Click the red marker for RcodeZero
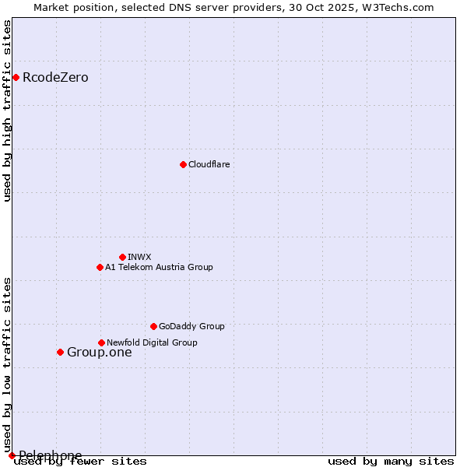[16, 77]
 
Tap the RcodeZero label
[55, 78]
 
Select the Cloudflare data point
[183, 164]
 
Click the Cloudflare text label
[209, 164]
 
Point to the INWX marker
[122, 257]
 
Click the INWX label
[139, 257]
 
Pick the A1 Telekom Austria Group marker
[100, 267]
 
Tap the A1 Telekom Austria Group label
[159, 267]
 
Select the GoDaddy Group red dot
[153, 326]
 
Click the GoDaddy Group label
[191, 326]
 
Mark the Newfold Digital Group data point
[101, 342]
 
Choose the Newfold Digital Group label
[152, 342]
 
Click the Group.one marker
[60, 352]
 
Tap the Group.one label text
[99, 353]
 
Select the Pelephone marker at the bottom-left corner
[12, 455]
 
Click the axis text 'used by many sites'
[391, 462]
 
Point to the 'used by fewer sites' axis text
[81, 462]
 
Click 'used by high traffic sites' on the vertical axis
[8, 111]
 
